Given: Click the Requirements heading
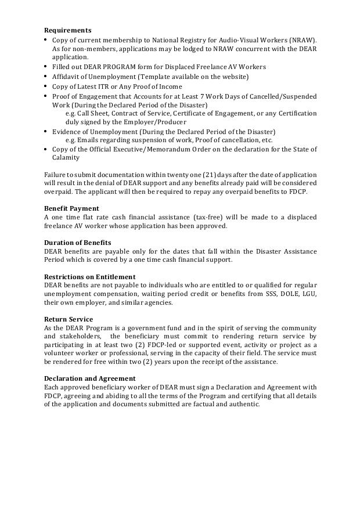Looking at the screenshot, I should pos(68,30).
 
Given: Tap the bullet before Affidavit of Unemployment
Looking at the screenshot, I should pos(46,77).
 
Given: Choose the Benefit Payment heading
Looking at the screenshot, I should pos(71,208).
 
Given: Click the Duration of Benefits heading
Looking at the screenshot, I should pos(78,243).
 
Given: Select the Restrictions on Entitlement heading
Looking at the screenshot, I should pos(90,277).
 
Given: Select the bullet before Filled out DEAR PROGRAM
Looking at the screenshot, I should pos(46,67).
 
